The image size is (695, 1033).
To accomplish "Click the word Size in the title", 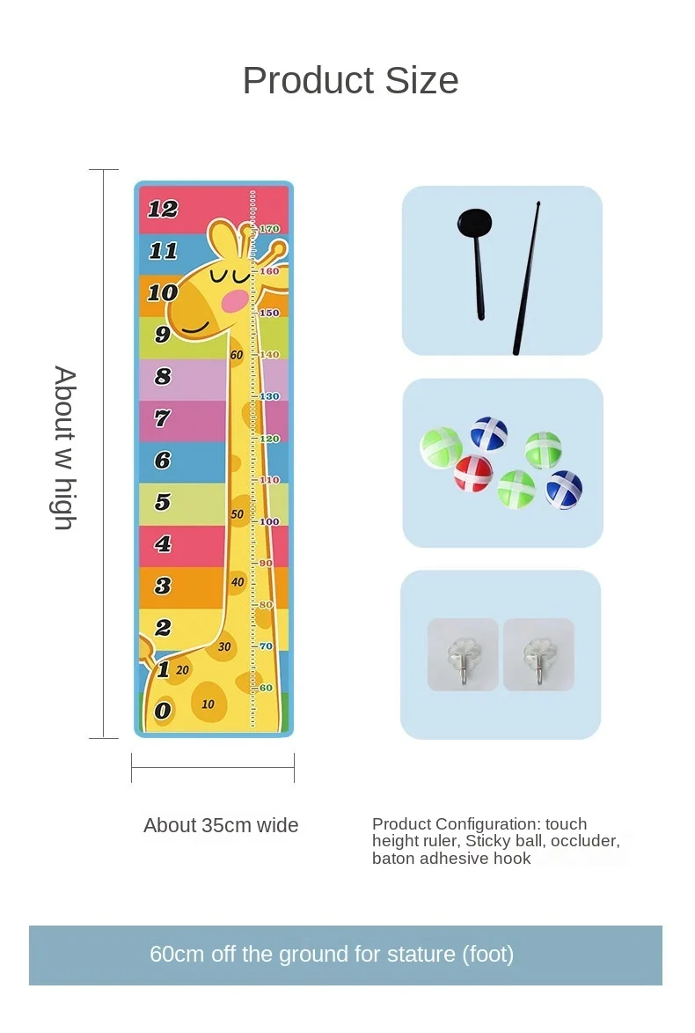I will pos(412,81).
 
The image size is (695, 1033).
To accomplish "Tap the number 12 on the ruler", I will pos(163,209).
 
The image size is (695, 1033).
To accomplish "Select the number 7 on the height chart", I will pos(162,418).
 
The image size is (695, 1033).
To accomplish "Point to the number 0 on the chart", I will pos(163,710).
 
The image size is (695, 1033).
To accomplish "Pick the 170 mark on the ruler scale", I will pos(269,229).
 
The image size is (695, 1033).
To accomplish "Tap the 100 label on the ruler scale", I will pos(269,521).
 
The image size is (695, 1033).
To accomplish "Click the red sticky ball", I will pos(473,473).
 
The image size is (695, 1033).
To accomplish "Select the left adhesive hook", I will pos(463,654).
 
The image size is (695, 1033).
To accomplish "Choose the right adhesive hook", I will pos(538,654).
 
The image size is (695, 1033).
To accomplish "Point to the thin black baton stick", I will pos(527,278).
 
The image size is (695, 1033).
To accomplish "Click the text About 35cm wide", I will pos(221,825).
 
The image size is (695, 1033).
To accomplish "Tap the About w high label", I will pos(65,448).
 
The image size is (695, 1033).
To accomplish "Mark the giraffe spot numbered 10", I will pos(208,704).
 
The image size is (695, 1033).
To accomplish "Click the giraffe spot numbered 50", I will pos(238,514).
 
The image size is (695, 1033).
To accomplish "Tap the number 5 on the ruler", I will pos(163,502).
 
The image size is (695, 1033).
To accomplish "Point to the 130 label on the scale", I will pos(269,396).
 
